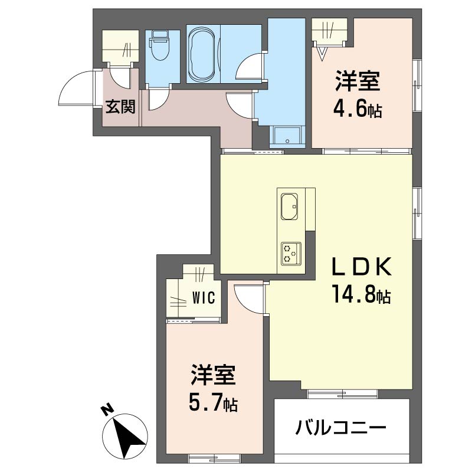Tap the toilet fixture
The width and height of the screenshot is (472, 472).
(158, 47)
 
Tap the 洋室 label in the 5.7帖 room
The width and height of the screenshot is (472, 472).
(213, 376)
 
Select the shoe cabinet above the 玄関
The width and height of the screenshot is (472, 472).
(121, 46)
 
